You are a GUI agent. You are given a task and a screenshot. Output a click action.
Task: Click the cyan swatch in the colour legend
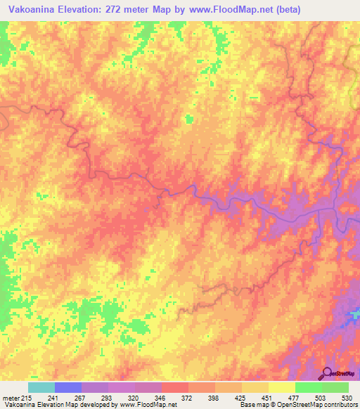(41, 387)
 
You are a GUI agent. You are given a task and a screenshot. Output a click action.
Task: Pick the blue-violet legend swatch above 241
(68, 387)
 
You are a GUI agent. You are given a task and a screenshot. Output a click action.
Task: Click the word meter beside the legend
(10, 398)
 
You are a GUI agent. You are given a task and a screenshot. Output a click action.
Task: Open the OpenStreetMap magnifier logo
(327, 373)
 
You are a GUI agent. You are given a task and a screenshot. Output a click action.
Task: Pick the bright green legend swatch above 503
(309, 387)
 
